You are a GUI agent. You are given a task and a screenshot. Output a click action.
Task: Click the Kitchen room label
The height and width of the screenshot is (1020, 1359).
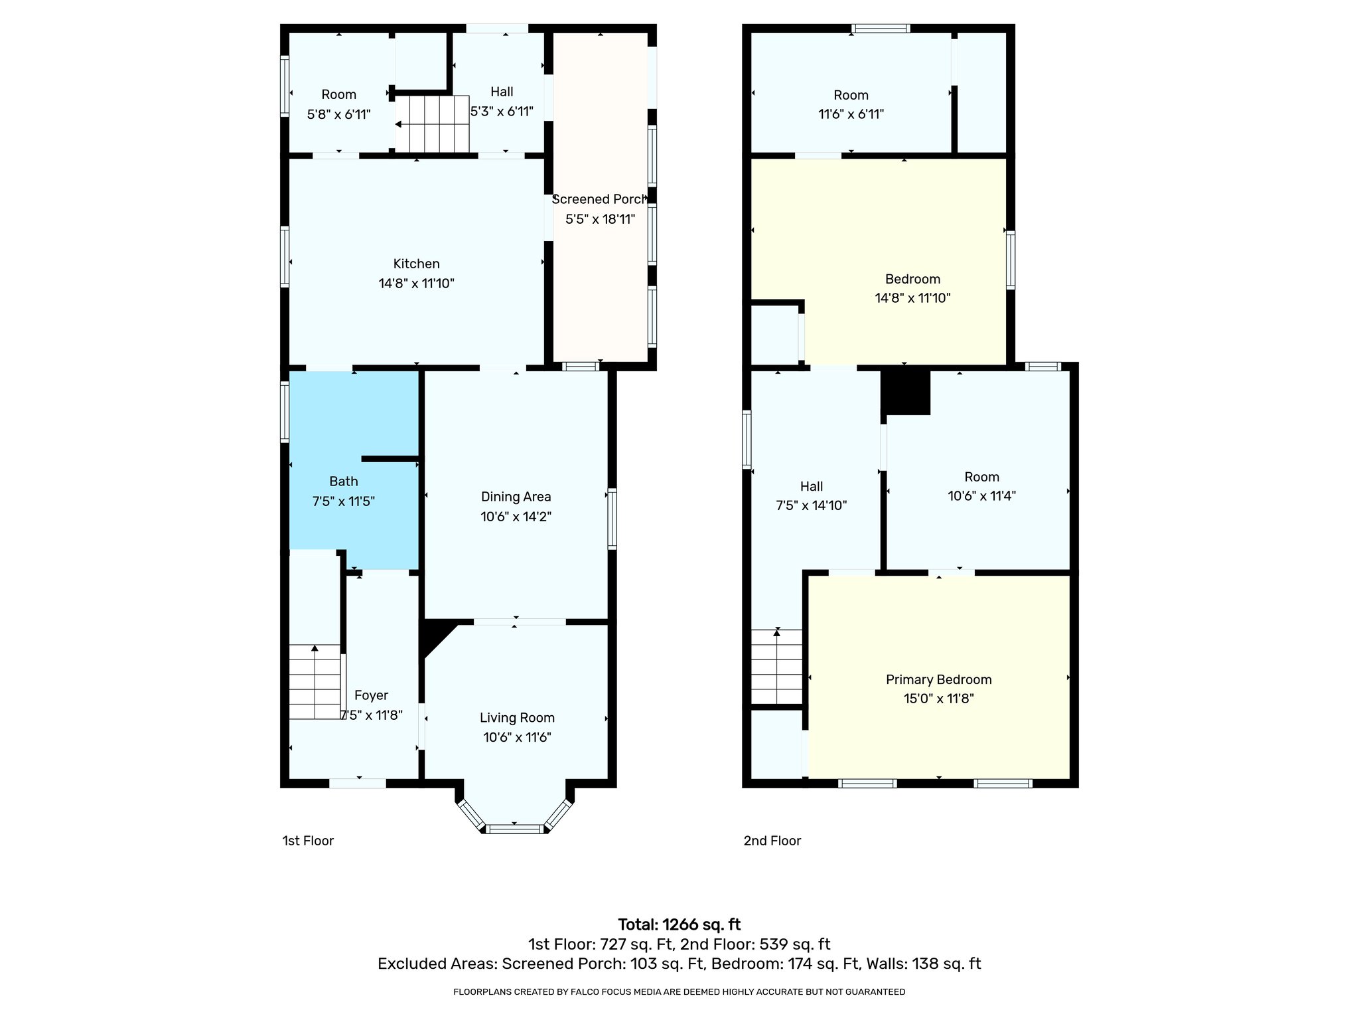(416, 264)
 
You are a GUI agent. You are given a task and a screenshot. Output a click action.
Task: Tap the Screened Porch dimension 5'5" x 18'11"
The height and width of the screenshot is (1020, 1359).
(600, 219)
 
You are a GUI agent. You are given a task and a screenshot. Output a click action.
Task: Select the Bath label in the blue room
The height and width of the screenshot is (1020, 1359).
(343, 481)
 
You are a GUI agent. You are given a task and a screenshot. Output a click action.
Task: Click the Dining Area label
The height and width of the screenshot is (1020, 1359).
(516, 497)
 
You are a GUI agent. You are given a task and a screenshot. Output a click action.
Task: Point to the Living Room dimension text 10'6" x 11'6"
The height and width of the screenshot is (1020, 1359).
(517, 737)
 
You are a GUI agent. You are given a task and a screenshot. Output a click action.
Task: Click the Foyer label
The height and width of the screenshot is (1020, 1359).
(371, 695)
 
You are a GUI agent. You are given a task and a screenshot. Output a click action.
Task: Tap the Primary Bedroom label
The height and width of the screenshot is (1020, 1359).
(938, 679)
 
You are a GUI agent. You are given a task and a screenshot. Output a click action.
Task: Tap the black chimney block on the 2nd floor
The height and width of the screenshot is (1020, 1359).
(906, 392)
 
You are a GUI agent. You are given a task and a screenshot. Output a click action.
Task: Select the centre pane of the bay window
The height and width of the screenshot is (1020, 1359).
(515, 828)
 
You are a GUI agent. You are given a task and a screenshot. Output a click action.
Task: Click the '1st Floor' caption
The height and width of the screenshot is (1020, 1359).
(308, 841)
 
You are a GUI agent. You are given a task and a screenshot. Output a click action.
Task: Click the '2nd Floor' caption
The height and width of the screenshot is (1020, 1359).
(772, 841)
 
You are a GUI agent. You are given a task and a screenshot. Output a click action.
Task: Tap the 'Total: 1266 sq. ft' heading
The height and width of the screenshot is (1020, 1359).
(679, 924)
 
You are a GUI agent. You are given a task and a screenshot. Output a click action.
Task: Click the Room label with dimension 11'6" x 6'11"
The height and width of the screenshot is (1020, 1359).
(851, 95)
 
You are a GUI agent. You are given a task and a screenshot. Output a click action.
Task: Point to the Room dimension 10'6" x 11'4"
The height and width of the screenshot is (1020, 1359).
(981, 495)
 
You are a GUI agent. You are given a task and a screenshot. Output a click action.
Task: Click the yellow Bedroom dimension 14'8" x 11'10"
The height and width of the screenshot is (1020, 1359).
(912, 298)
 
